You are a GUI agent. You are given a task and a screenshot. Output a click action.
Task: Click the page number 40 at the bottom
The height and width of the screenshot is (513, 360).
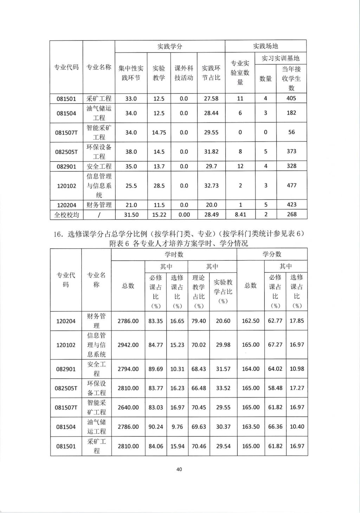pyautogui.click(x=179, y=469)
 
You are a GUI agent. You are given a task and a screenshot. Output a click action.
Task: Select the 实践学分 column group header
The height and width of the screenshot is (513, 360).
pyautogui.click(x=169, y=46)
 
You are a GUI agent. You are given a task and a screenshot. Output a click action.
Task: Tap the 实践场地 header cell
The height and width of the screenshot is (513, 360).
pyautogui.click(x=265, y=46)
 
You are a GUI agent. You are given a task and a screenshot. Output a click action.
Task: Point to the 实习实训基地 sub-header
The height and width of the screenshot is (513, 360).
pyautogui.click(x=281, y=58)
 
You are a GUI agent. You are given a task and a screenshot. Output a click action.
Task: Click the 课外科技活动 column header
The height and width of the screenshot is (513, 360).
pyautogui.click(x=184, y=73)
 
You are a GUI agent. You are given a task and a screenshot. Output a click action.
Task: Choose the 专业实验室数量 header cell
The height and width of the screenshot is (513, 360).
pyautogui.click(x=240, y=73)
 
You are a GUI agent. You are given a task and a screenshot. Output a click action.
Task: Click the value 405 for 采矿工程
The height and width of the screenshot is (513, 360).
pyautogui.click(x=291, y=99)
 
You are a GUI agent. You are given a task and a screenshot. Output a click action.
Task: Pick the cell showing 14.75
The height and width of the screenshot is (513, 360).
pyautogui.click(x=159, y=133)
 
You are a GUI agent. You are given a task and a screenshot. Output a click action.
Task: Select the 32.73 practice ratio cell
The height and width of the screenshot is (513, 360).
pyautogui.click(x=211, y=186)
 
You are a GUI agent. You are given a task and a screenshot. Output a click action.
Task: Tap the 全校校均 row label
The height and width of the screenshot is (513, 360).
pyautogui.click(x=66, y=215)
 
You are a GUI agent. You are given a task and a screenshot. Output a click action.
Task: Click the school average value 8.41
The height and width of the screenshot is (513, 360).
pyautogui.click(x=240, y=214)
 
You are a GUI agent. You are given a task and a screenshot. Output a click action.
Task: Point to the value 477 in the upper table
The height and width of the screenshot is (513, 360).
pyautogui.click(x=291, y=185)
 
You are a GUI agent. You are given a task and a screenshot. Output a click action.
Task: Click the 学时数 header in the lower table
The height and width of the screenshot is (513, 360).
pyautogui.click(x=174, y=254)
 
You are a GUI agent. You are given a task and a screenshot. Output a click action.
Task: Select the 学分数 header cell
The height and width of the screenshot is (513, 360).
pyautogui.click(x=272, y=254)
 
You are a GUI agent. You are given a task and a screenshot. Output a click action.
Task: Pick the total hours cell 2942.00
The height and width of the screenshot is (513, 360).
pyautogui.click(x=128, y=345)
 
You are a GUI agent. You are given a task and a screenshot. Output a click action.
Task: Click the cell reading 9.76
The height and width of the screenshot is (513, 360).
pyautogui.click(x=177, y=427)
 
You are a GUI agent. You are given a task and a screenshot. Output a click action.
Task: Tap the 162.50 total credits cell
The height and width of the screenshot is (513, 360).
pyautogui.click(x=251, y=321)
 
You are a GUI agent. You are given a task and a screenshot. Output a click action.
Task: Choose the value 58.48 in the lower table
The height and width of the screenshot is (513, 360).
pyautogui.click(x=275, y=388)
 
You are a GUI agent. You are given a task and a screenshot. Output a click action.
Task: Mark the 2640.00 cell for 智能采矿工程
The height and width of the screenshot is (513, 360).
pyautogui.click(x=128, y=407)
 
